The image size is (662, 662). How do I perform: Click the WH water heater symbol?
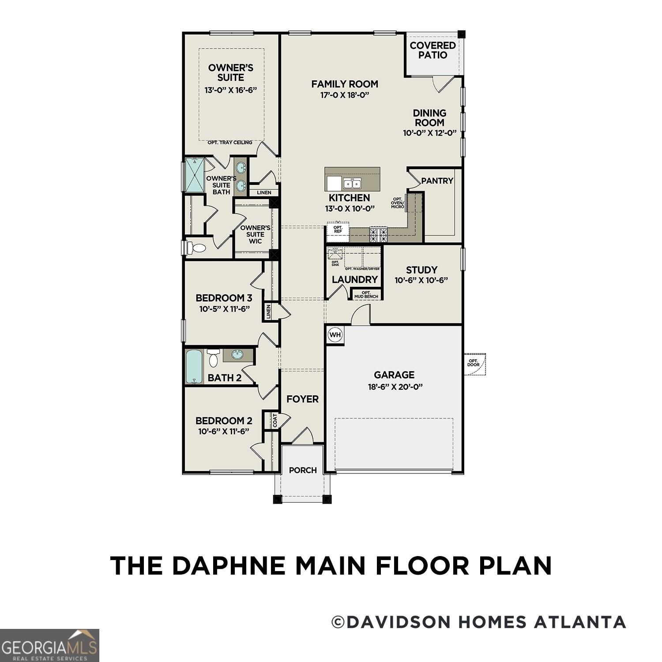click(x=335, y=335)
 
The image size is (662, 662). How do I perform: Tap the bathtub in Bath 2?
click(x=194, y=366)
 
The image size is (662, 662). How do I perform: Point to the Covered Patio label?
click(x=433, y=50)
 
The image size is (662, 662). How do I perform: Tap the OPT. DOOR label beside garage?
click(x=474, y=363)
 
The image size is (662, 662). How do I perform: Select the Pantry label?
click(x=437, y=181)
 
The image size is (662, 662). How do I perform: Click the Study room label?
click(x=421, y=270)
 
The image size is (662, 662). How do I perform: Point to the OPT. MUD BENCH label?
click(x=366, y=294)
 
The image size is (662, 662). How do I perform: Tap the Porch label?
click(x=303, y=470)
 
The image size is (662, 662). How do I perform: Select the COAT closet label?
click(x=275, y=420)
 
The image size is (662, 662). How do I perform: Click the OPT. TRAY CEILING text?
click(x=230, y=143)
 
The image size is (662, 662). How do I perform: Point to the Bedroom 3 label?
click(x=224, y=298)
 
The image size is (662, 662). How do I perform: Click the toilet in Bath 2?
click(x=214, y=358)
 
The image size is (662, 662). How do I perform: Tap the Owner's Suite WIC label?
click(x=255, y=234)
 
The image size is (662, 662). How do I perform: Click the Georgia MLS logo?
click(x=49, y=645)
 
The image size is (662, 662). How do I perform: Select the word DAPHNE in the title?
click(x=230, y=566)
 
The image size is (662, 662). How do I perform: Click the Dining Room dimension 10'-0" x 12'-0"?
click(x=429, y=133)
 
